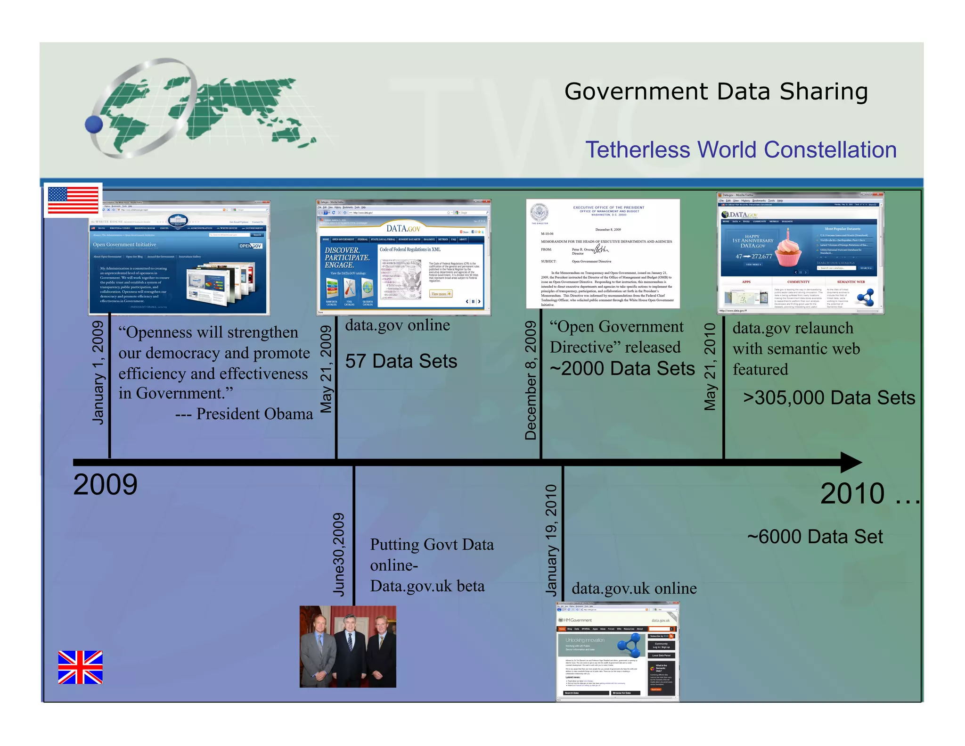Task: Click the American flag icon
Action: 73,200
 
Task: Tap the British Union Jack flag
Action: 80,667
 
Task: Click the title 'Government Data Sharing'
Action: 716,91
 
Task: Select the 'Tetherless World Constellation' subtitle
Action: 741,150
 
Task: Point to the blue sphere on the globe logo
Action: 94,124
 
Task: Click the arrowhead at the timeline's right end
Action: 851,463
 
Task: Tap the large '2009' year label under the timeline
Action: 105,484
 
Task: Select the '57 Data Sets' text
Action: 401,361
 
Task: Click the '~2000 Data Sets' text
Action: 622,368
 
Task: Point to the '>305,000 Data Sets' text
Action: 829,398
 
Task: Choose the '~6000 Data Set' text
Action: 815,537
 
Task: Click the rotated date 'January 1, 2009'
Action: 98,373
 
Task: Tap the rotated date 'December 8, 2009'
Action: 531,380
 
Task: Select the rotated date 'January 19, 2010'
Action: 551,540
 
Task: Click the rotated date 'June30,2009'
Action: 339,555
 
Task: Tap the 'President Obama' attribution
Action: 254,414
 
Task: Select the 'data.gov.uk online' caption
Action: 634,589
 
